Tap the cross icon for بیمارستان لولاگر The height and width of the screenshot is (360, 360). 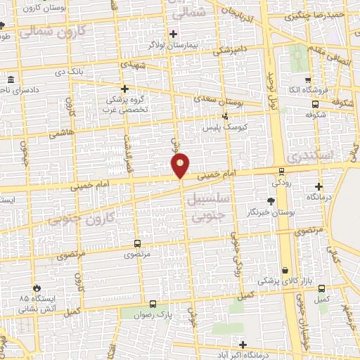(x=173, y=34)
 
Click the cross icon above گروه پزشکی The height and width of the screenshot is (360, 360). (x=125, y=89)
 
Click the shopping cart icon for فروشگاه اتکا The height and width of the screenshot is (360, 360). (x=307, y=79)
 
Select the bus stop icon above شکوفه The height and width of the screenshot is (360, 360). (x=314, y=103)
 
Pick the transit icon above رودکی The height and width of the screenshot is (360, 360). (x=281, y=171)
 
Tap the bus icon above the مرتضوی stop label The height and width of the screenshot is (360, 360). (x=136, y=243)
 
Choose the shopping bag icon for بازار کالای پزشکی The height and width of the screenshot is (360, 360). (x=285, y=271)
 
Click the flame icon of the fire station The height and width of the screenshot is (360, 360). (x=37, y=288)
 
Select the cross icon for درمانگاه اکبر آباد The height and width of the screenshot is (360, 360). (x=243, y=345)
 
